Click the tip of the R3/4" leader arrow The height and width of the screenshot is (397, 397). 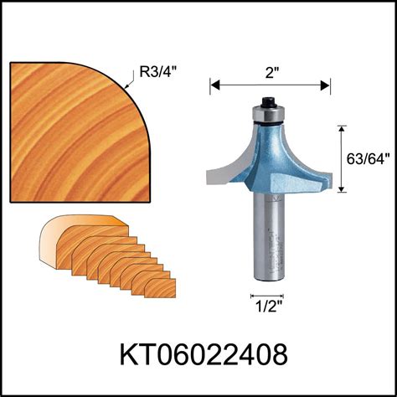point(125,87)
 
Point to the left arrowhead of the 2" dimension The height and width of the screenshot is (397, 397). point(213,84)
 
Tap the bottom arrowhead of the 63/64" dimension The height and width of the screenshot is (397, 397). point(341,190)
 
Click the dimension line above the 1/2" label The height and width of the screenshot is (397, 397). point(267,296)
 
